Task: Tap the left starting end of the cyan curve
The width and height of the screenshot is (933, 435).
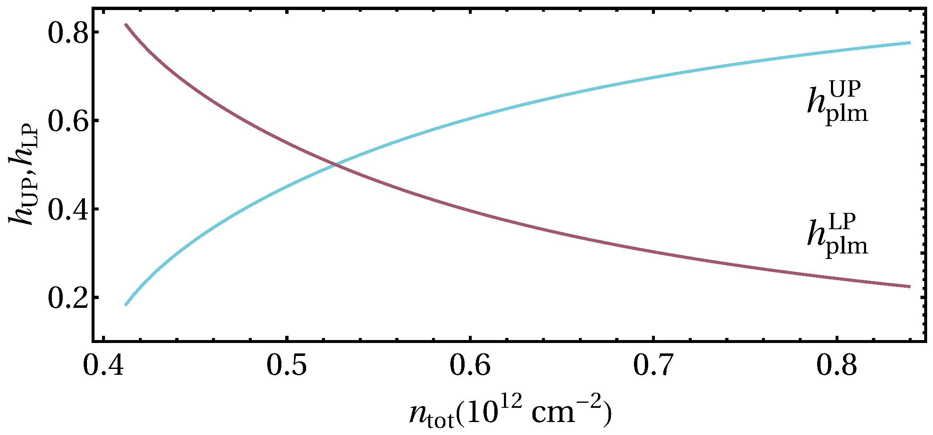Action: (x=126, y=304)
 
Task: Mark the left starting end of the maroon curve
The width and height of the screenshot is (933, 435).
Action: (x=126, y=25)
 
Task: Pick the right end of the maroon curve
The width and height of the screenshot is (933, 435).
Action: (x=909, y=287)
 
